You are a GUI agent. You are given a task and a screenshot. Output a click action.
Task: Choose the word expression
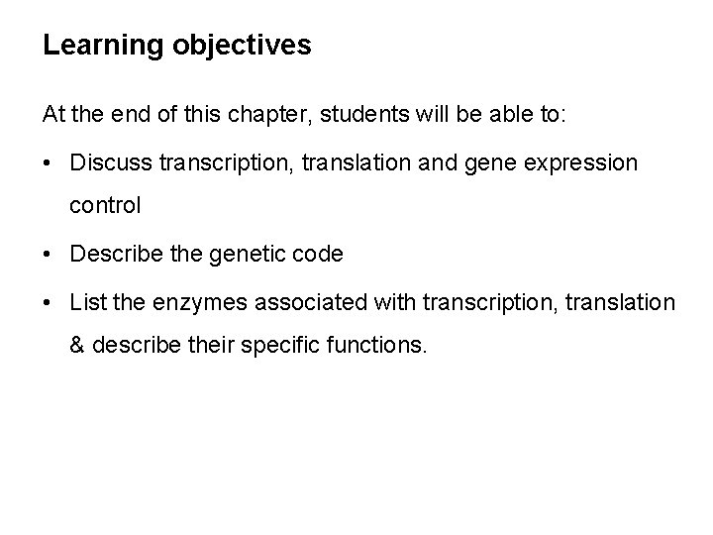point(577,160)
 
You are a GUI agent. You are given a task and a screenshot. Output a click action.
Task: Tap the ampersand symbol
point(76,346)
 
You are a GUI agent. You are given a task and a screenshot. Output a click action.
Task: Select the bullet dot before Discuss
point(49,161)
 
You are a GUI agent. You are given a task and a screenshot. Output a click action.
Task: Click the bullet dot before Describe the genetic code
point(49,254)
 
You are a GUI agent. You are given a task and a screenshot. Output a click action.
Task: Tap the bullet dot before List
point(49,300)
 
